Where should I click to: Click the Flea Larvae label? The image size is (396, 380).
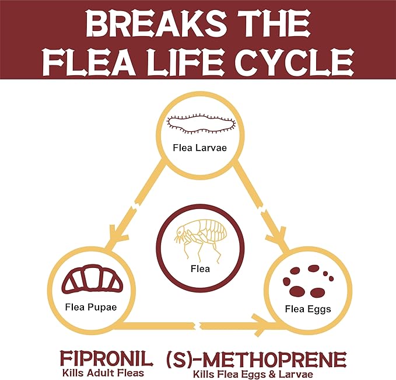200,148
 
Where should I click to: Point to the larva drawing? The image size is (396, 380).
201,124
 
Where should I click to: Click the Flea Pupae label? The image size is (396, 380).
91,307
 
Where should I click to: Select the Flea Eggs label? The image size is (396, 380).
308,309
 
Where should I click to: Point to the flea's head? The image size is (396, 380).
181,231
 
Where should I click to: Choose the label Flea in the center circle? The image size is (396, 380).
200,269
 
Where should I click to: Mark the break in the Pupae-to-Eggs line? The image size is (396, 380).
198,326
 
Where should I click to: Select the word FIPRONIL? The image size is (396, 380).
107,359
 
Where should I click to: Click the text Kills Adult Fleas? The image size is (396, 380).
103,372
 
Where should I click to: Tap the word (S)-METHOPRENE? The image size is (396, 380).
257,359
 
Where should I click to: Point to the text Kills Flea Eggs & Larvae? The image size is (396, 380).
253,374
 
